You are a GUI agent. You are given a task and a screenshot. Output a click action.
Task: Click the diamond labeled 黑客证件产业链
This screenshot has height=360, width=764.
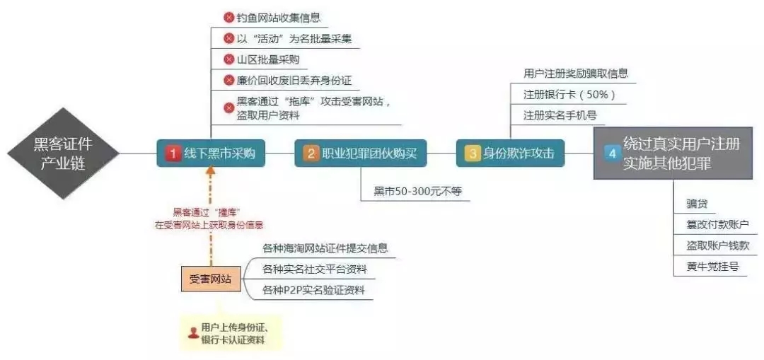pyautogui.click(x=63, y=153)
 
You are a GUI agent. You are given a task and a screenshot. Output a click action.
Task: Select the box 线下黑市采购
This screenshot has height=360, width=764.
pyautogui.click(x=211, y=153)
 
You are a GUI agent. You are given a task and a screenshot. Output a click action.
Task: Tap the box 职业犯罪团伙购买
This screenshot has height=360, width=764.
pyautogui.click(x=361, y=153)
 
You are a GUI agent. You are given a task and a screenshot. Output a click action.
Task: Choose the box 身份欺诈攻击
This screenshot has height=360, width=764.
pyautogui.click(x=510, y=153)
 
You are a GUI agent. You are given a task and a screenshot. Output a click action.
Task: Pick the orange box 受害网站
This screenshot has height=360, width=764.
pyautogui.click(x=211, y=279)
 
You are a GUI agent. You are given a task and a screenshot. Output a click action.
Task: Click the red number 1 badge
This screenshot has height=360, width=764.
pyautogui.click(x=173, y=153)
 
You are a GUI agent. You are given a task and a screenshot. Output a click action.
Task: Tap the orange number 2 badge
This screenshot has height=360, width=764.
pyautogui.click(x=311, y=153)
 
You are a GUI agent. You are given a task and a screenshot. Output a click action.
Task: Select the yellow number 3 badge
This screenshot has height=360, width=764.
pyautogui.click(x=472, y=153)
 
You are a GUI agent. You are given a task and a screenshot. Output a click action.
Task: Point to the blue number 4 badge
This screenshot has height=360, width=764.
pyautogui.click(x=612, y=153)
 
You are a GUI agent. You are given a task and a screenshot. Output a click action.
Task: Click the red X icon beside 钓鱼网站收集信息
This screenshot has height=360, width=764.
pyautogui.click(x=228, y=18)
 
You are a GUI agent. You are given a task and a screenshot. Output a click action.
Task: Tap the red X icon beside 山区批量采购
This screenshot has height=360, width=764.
pyautogui.click(x=228, y=59)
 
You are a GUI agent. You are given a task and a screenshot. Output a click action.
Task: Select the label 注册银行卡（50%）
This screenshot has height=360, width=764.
pyautogui.click(x=569, y=95)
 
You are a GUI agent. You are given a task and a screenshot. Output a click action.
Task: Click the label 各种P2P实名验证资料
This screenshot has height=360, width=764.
pyautogui.click(x=313, y=291)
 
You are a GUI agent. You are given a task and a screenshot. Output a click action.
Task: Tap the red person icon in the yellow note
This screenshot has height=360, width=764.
pyautogui.click(x=193, y=332)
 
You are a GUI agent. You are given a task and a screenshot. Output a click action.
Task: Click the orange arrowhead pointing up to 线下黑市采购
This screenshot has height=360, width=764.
pyautogui.click(x=211, y=170)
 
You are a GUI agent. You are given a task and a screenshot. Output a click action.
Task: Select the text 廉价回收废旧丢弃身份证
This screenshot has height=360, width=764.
pyautogui.click(x=294, y=80)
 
